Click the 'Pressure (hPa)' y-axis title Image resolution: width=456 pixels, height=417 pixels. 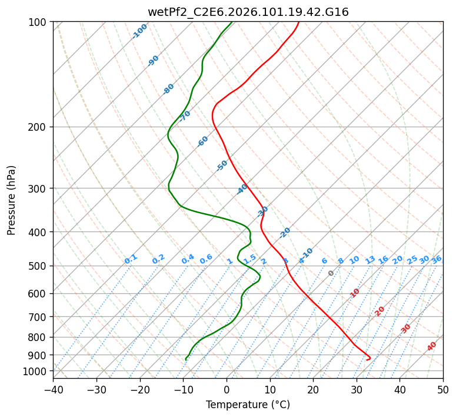pyautogui.click(x=12, y=200)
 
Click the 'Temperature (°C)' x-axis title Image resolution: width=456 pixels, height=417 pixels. pyautogui.click(x=248, y=405)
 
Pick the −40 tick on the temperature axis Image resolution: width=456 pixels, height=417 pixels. pyautogui.click(x=53, y=390)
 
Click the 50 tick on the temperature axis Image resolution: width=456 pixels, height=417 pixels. pyautogui.click(x=443, y=390)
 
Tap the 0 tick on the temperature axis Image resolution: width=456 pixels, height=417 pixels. pyautogui.click(x=227, y=390)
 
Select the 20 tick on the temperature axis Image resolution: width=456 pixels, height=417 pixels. pyautogui.click(x=313, y=390)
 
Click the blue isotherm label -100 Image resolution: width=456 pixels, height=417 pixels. pyautogui.click(x=140, y=31)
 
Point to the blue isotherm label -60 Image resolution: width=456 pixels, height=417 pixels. pyautogui.click(x=203, y=141)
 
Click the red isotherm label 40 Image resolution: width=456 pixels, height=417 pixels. pyautogui.click(x=432, y=346)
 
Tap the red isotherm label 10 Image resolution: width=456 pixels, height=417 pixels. pyautogui.click(x=355, y=293)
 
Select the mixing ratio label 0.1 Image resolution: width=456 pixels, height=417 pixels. pyautogui.click(x=131, y=259)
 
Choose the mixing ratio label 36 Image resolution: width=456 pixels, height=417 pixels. pyautogui.click(x=437, y=260)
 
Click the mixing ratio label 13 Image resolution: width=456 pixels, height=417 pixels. pyautogui.click(x=370, y=260)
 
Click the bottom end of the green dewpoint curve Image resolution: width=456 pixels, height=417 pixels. pyautogui.click(x=186, y=359)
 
